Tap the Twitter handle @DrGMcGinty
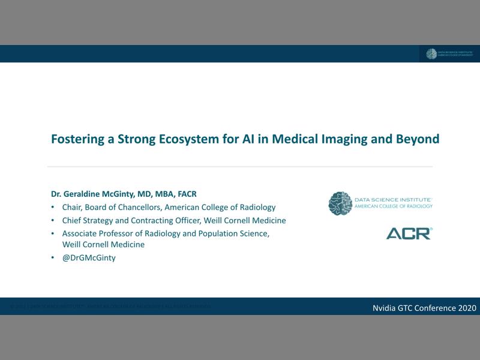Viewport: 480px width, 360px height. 89,257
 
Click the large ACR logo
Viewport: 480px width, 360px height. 409,233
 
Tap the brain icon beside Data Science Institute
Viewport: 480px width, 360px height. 340,203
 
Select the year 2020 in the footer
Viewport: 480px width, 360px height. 467,308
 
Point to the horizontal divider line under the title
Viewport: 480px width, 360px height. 240,167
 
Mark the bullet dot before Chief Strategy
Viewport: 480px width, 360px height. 53,220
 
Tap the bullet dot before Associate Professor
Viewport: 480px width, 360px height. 53,233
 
